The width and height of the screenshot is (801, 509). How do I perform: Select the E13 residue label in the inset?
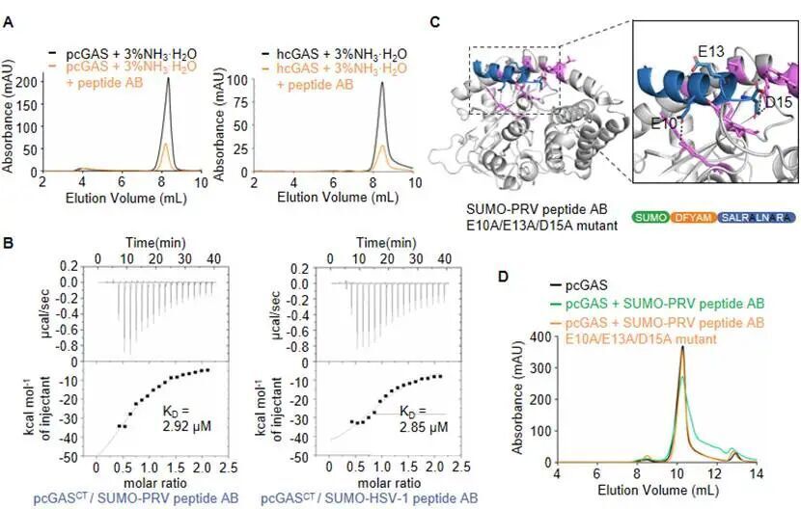pyautogui.click(x=711, y=47)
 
